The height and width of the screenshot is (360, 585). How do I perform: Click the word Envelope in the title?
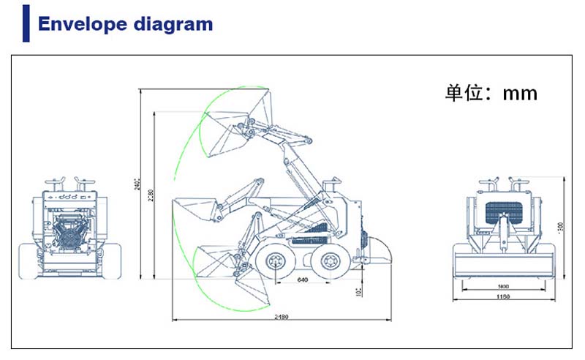click(x=81, y=23)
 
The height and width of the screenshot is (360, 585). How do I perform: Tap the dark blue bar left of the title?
click(x=26, y=22)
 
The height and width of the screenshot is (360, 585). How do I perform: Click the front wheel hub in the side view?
click(x=275, y=260)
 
